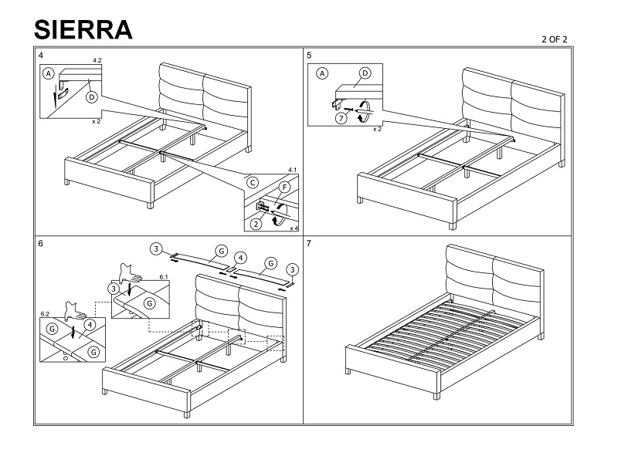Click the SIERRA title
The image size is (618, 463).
coord(83,29)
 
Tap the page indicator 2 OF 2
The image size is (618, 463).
coord(554,39)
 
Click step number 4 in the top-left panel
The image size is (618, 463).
coord(41,56)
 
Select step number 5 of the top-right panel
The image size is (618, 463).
coord(309,56)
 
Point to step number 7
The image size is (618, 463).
coord(309,244)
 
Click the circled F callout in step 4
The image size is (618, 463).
coord(284,187)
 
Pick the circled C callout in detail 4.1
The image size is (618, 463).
coord(253,183)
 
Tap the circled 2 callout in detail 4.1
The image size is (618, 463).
coord(256,224)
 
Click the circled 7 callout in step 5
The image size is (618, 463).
coord(341,118)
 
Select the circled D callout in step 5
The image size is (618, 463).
coord(365,73)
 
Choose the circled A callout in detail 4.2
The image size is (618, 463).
coord(49,73)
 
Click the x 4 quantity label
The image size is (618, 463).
coord(294,228)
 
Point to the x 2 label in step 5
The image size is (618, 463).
coord(377,129)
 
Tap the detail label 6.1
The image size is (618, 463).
coord(164,277)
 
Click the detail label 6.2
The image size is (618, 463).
coord(45,314)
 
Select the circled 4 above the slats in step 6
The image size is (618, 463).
coord(240,259)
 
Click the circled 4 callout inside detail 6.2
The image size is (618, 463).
coord(90,325)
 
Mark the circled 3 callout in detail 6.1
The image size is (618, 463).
coord(114,289)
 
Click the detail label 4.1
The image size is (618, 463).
coord(292,170)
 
